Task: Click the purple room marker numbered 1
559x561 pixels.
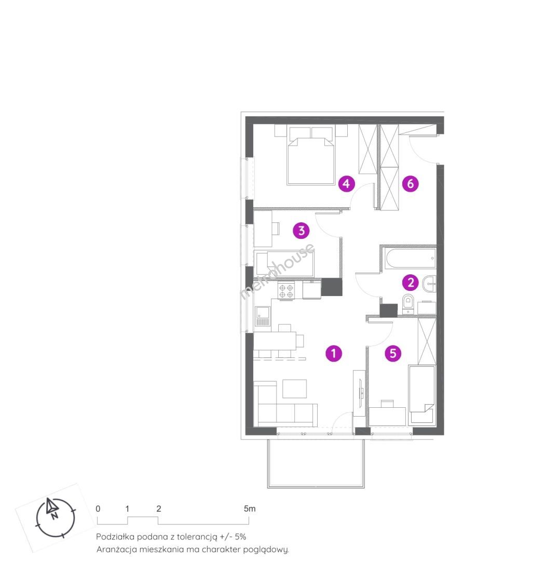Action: [x=334, y=354]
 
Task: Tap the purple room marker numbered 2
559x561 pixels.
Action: [x=411, y=283]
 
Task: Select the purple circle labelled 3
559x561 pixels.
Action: [x=302, y=231]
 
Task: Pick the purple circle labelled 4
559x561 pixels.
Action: [x=346, y=184]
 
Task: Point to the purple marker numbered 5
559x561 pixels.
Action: [x=393, y=354]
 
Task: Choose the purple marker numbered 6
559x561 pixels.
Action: [x=411, y=184]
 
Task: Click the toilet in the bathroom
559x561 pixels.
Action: [x=408, y=304]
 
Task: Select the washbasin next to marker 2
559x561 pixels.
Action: [x=429, y=285]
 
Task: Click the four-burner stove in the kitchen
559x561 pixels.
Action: [x=287, y=291]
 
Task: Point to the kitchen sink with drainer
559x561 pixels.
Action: [x=263, y=316]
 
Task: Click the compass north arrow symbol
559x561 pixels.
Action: [x=52, y=507]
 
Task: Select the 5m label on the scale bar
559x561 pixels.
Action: [x=250, y=509]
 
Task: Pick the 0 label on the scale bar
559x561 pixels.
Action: [x=98, y=509]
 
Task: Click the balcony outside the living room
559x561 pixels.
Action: [x=316, y=463]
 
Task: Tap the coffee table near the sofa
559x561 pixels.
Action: [x=294, y=389]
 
